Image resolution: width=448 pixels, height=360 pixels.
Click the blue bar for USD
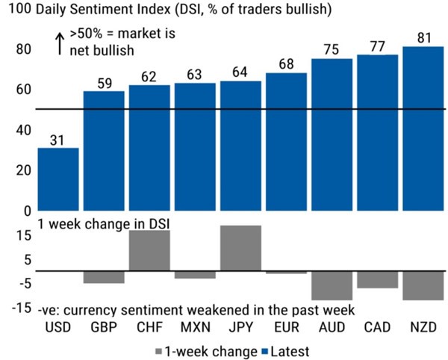point(57,179)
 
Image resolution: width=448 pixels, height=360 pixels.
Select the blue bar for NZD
point(423,128)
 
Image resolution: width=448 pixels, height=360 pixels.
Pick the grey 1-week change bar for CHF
point(149,250)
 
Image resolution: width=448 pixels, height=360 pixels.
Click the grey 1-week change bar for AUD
point(332,285)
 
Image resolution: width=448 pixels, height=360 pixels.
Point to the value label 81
point(423,36)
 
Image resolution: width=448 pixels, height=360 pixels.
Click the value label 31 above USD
point(57,138)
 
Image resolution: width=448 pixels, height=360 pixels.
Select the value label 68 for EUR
point(286,63)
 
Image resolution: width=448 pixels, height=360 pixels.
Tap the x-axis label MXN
point(194,327)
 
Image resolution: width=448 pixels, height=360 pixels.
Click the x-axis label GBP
point(103,327)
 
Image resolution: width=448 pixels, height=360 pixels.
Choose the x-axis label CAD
point(377,327)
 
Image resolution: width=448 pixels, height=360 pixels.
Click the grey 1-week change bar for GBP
point(103,277)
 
